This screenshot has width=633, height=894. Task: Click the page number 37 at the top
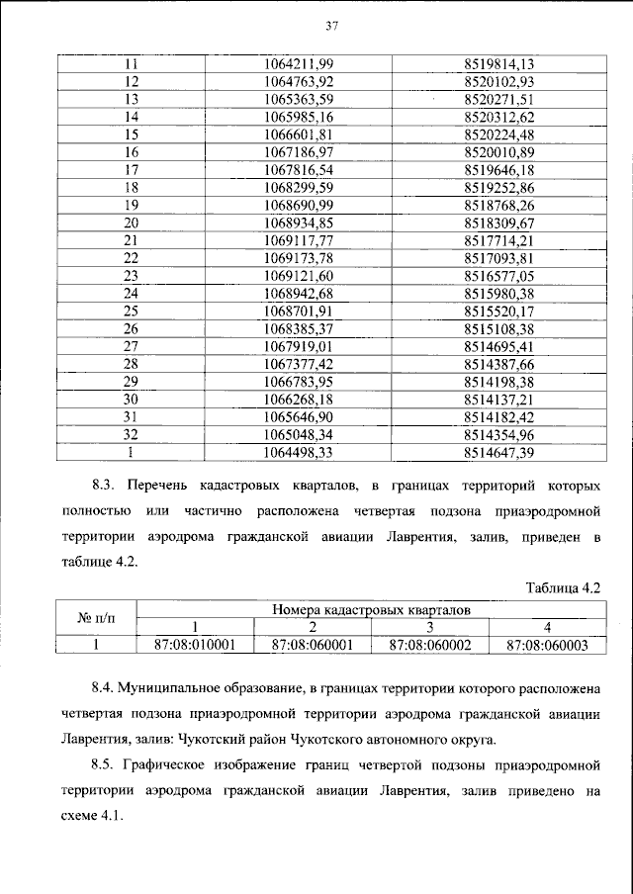317,26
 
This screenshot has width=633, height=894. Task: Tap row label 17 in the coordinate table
130,170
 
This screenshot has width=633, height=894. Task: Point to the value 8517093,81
498,258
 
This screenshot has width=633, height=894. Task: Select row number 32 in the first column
130,434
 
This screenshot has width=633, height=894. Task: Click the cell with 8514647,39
498,452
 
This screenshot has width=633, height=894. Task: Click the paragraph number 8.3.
106,486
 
